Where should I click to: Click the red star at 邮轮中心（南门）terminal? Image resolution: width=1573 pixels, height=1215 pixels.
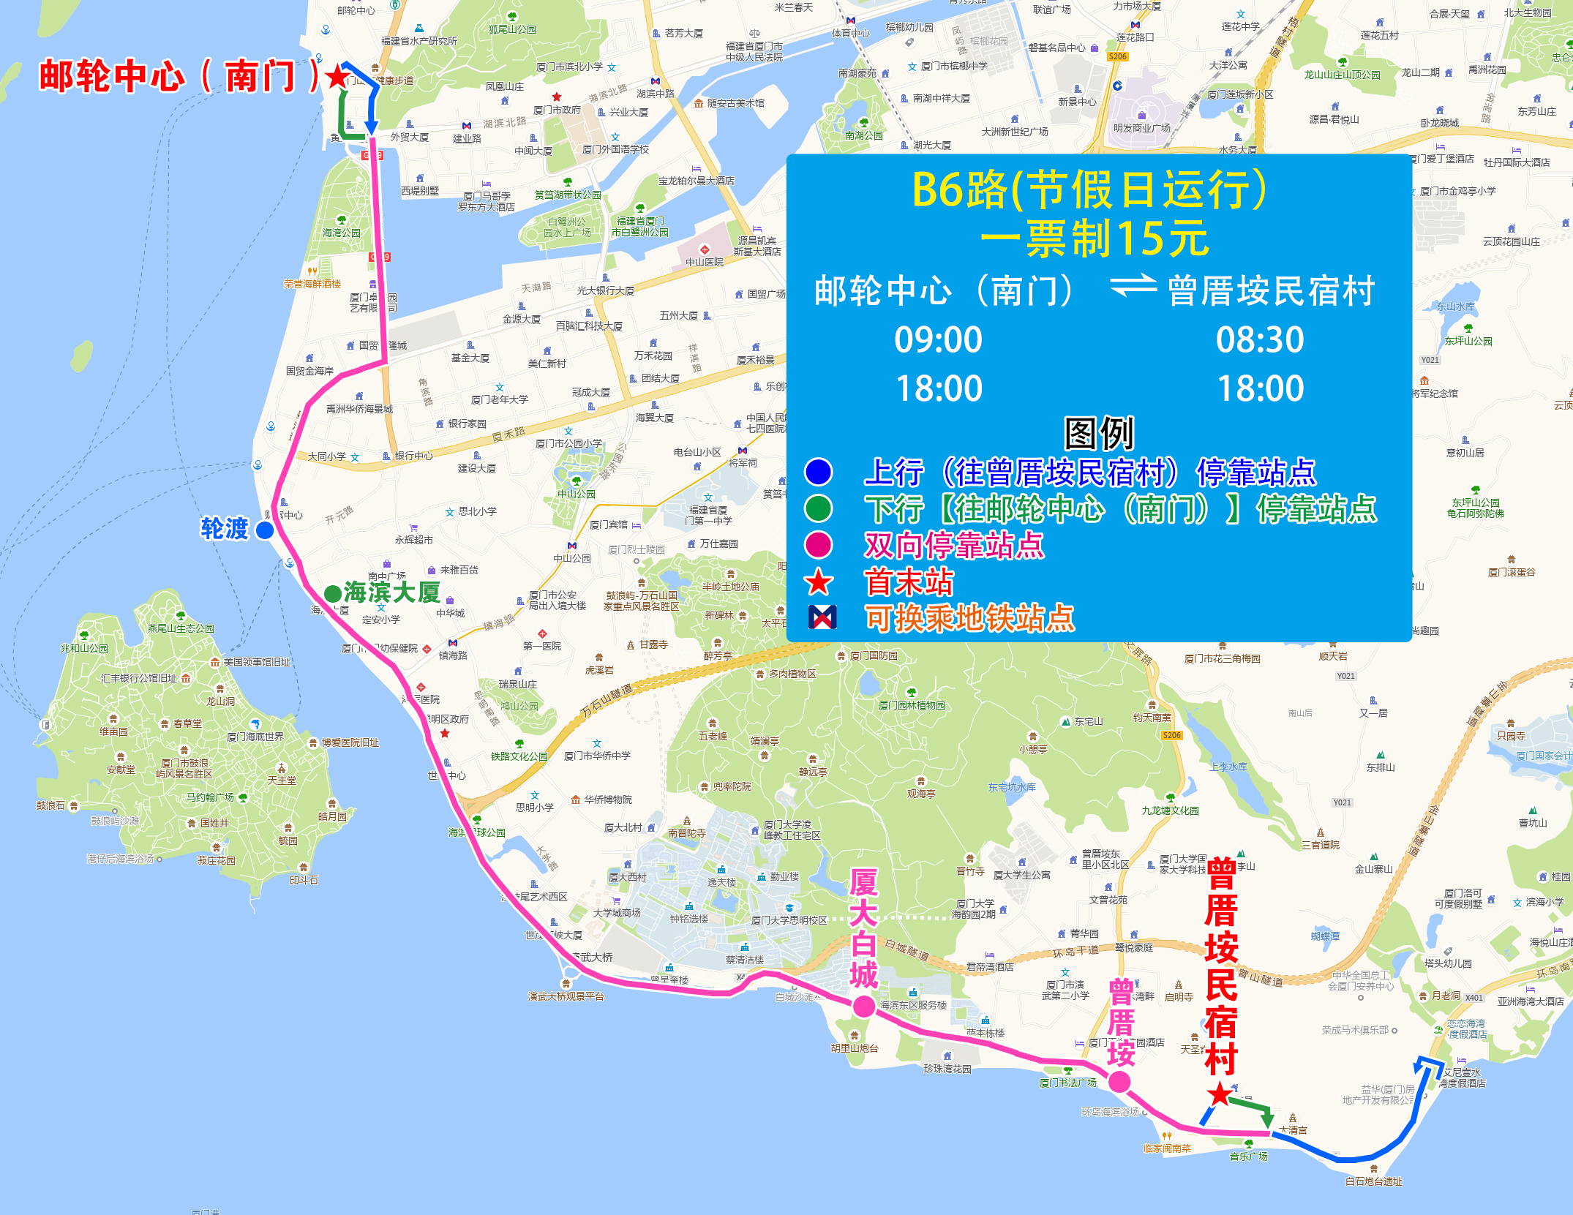click(337, 76)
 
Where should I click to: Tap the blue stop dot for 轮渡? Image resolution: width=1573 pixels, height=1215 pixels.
click(265, 530)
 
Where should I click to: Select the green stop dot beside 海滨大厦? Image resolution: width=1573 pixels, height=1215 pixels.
click(333, 593)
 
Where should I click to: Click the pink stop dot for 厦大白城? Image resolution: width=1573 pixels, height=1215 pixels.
click(864, 1007)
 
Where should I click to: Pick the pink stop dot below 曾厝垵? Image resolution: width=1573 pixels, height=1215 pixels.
click(1119, 1082)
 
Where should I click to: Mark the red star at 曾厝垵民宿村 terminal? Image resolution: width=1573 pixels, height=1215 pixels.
click(1220, 1095)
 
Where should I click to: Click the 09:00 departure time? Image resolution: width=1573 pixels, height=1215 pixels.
click(938, 340)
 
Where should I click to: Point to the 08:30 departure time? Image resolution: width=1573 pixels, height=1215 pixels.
click(1259, 340)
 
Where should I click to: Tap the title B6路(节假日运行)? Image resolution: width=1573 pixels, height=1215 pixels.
click(1089, 190)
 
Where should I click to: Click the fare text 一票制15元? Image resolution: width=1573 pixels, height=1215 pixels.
click(1095, 239)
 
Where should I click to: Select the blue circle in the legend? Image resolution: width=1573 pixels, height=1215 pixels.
click(819, 472)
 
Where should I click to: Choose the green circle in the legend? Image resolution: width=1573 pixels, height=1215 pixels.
click(819, 508)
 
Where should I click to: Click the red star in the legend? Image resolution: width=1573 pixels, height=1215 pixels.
click(819, 582)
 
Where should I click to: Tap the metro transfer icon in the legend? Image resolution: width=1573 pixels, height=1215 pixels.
click(822, 618)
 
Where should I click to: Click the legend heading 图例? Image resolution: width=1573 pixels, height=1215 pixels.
click(1098, 433)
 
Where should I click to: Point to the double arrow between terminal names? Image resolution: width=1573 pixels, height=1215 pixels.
click(1133, 287)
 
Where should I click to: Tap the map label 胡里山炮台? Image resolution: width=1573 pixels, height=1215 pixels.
click(855, 1048)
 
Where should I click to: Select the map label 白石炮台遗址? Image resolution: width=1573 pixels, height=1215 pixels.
click(1373, 1181)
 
